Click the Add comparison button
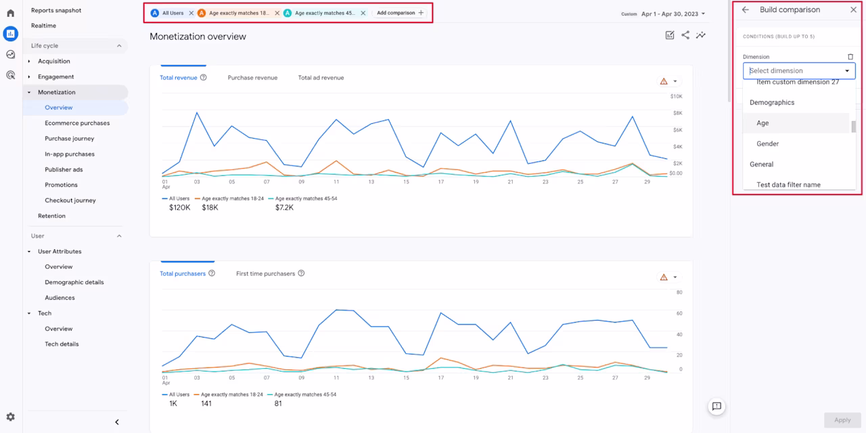tap(400, 13)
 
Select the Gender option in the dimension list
tap(767, 144)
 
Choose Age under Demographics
tap(762, 123)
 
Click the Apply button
tap(842, 420)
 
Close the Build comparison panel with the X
tap(853, 9)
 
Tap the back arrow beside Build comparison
tap(746, 9)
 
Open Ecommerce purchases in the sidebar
tap(77, 123)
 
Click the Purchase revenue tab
tap(252, 78)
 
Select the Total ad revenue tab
tap(321, 78)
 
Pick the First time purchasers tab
tap(265, 274)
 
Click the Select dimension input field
tap(799, 71)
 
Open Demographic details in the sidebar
tap(74, 282)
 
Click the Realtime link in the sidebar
tap(43, 26)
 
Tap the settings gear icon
tap(10, 417)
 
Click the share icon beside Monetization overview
tap(685, 35)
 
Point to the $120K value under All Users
tap(179, 208)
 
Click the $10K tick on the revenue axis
tap(676, 96)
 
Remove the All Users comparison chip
tap(191, 13)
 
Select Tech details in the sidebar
tap(62, 344)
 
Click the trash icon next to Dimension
tap(850, 57)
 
